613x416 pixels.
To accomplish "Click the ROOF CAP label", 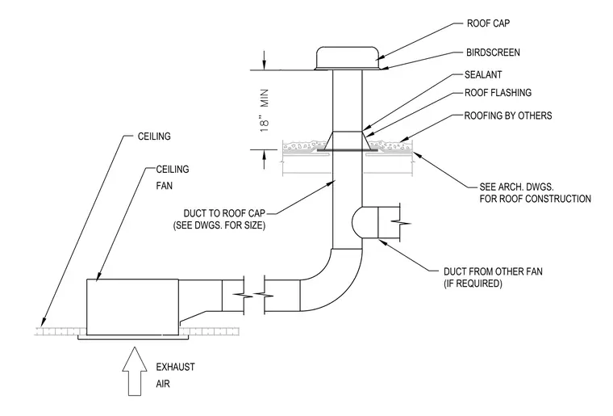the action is pyautogui.click(x=488, y=23).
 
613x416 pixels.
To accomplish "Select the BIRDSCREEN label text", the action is pyautogui.click(x=493, y=53).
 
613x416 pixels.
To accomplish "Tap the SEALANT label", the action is pyautogui.click(x=483, y=74).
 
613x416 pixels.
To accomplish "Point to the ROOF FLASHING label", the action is pyautogui.click(x=498, y=93).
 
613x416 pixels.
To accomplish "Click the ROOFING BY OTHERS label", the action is pyautogui.click(x=508, y=116).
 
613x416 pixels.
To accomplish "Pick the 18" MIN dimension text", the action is pyautogui.click(x=265, y=111).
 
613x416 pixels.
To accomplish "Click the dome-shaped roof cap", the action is pyautogui.click(x=347, y=59).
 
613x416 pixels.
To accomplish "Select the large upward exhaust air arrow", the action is pyautogui.click(x=135, y=371).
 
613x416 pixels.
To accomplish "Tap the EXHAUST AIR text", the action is pyautogui.click(x=175, y=376).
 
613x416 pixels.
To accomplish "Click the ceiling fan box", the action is pyautogui.click(x=132, y=307).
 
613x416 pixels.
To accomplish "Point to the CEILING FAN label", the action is pyautogui.click(x=173, y=177).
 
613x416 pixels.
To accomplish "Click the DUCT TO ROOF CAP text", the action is pyautogui.click(x=224, y=213).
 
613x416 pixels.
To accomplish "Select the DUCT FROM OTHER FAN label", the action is pyautogui.click(x=493, y=271).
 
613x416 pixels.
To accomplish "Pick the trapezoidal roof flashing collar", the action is pyautogui.click(x=347, y=140).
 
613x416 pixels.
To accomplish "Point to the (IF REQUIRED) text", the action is pyautogui.click(x=473, y=284).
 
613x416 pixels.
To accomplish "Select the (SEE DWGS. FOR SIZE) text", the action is pyautogui.click(x=219, y=225).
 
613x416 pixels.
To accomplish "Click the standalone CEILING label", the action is pyautogui.click(x=154, y=137).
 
